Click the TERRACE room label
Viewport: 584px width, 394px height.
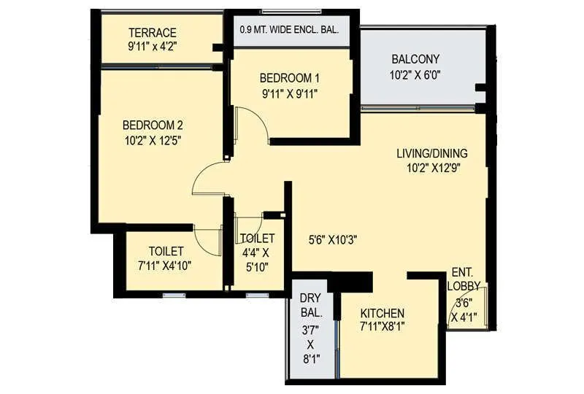(153, 33)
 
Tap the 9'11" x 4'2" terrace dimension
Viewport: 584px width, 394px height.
(153, 47)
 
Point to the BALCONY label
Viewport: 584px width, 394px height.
(415, 59)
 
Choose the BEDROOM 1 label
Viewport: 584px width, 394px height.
(290, 78)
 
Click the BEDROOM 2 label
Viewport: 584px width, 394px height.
(153, 124)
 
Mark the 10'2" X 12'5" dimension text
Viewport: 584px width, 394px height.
(153, 139)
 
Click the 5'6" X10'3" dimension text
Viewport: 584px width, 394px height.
(334, 239)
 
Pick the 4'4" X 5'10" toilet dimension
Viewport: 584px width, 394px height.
(257, 259)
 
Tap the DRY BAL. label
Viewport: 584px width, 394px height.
(310, 305)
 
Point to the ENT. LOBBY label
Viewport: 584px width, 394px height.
(465, 278)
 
